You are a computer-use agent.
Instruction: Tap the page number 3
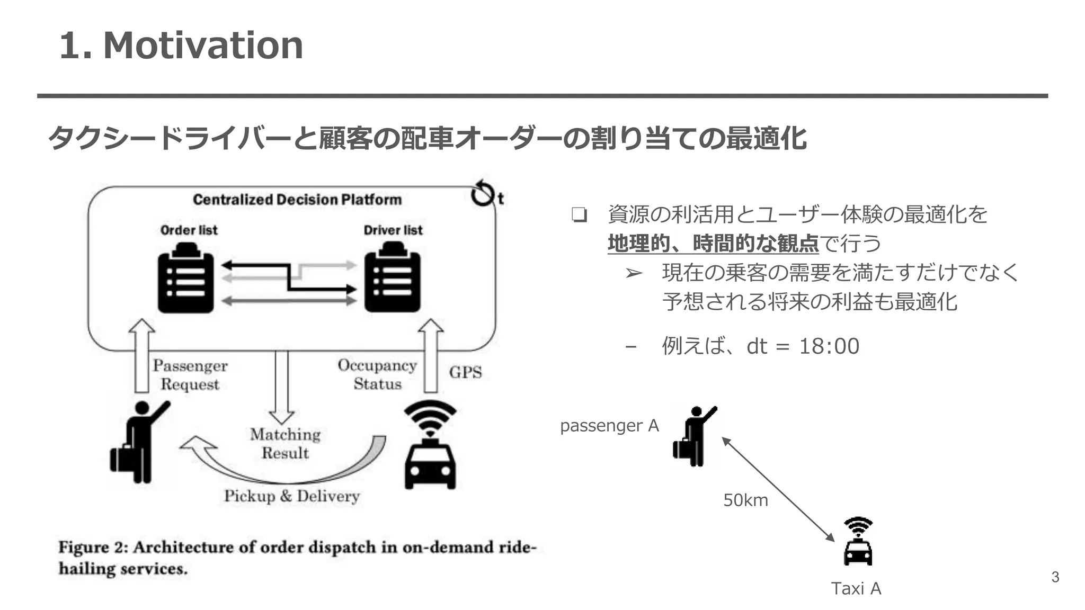coord(1055,577)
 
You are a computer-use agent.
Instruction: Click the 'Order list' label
coord(189,230)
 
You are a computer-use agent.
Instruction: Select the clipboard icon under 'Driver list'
coord(392,279)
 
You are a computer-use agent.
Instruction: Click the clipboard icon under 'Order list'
coord(185,279)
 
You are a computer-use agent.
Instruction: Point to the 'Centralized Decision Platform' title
coord(297,200)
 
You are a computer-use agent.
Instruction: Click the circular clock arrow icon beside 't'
coord(482,193)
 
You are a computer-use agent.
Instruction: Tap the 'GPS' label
coord(465,372)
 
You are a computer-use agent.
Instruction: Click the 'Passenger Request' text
coord(190,374)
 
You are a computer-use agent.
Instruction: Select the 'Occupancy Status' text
coord(377,374)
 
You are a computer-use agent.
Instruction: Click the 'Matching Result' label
coord(285,443)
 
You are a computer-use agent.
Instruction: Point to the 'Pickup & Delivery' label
coord(291,496)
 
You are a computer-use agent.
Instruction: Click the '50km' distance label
coord(745,500)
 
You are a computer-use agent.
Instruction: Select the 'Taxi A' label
coord(856,588)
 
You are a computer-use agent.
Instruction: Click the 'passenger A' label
coord(609,425)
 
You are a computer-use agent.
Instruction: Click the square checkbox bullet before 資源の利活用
coord(579,215)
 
